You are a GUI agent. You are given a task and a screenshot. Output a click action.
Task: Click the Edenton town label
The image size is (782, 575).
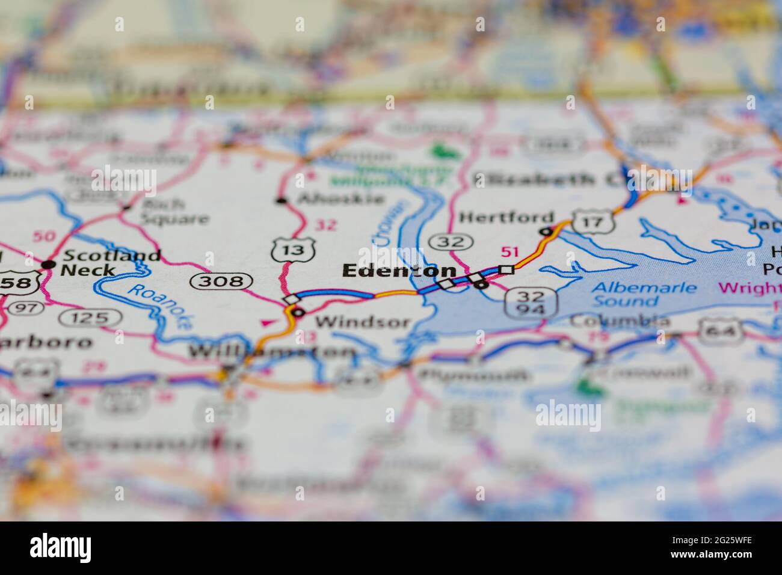coord(399,271)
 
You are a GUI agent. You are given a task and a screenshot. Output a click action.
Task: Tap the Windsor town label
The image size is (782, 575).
coord(362,322)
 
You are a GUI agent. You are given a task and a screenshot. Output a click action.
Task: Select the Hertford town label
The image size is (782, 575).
coord(506,217)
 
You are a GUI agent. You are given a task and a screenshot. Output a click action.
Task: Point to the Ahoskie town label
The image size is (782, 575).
coord(340,199)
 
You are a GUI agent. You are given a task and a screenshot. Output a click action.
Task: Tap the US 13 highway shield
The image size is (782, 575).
coord(293,250)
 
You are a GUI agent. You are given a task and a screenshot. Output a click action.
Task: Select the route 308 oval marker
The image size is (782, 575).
coord(221,281)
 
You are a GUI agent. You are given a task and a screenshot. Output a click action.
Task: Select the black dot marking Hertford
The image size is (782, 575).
coord(546,232)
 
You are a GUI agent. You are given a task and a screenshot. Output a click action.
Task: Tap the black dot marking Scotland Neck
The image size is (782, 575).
coord(49,265)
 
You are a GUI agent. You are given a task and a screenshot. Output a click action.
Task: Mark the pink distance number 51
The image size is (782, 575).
coord(510,252)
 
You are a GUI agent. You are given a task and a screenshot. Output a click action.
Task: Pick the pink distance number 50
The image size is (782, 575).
coord(44,236)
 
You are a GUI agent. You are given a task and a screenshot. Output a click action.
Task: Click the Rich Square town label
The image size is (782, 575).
coord(174,212)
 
